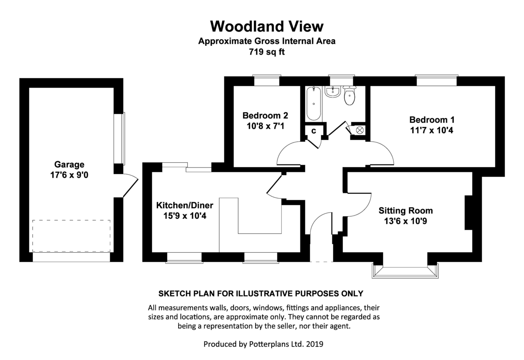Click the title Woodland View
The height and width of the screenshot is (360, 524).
[267, 26]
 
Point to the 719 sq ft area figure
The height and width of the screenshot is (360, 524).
[267, 52]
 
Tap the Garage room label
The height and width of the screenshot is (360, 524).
[69, 165]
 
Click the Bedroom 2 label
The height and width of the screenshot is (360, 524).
[265, 116]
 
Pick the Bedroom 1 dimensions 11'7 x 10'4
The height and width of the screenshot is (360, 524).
[428, 130]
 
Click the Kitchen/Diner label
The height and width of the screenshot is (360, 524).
[181, 205]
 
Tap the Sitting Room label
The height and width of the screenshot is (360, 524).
[406, 211]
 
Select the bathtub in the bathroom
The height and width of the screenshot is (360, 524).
[314, 104]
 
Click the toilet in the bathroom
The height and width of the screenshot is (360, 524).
[350, 96]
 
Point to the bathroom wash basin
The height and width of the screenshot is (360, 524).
[333, 92]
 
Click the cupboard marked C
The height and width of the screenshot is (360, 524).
[314, 130]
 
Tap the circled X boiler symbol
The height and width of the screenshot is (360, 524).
[360, 130]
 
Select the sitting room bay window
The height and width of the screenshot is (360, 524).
[404, 271]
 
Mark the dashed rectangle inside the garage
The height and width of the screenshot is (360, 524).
[71, 236]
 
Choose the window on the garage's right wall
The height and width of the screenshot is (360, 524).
[120, 138]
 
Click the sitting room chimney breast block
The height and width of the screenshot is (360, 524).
[469, 213]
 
